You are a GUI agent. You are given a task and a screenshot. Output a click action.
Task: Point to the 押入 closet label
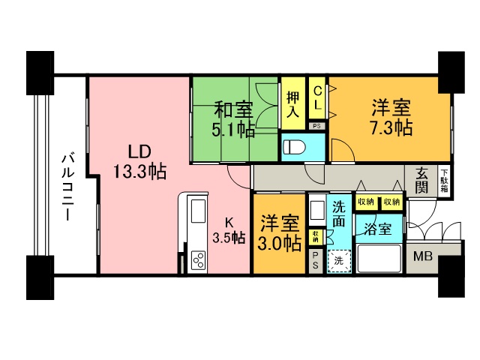point(293,103)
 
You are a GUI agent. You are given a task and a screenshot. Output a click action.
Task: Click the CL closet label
point(317,96)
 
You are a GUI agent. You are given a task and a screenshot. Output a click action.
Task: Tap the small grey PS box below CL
point(316,126)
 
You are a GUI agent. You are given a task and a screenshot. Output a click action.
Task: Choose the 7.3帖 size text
point(391,127)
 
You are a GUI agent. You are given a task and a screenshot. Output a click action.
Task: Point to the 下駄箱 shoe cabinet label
point(444,181)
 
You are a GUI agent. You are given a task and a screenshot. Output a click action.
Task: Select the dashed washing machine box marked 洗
point(340,261)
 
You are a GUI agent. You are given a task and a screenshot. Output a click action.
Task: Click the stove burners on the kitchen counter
point(199,260)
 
